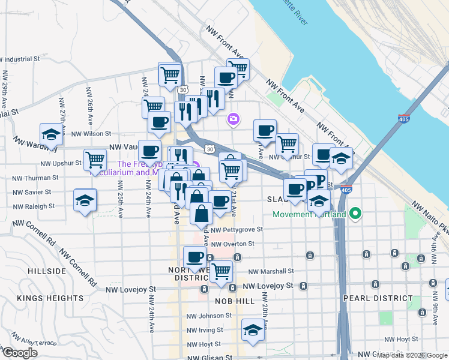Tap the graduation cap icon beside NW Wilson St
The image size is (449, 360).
[52, 135]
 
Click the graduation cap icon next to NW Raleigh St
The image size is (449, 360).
[85, 200]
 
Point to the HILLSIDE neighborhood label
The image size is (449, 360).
[47, 271]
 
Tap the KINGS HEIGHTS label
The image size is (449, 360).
[50, 298]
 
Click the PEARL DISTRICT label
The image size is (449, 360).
[378, 298]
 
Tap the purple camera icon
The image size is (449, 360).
[233, 120]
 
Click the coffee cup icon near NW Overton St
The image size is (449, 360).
[194, 257]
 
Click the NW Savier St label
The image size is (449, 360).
[29, 192]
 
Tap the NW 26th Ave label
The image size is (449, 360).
[89, 101]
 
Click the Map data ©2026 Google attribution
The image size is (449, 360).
[411, 355]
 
